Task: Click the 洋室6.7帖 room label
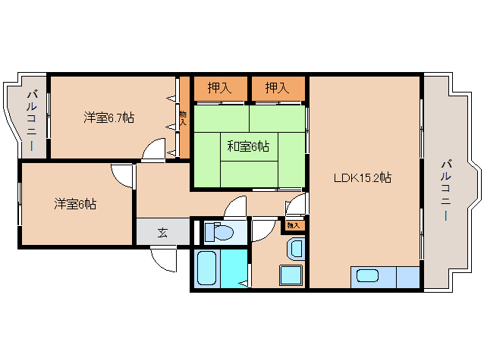point(109,118)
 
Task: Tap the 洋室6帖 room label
point(74,203)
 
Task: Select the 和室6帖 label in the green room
point(247,146)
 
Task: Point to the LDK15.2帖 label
point(363,178)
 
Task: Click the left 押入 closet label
point(219,88)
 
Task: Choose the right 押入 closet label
point(277,88)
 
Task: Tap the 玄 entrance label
point(162,232)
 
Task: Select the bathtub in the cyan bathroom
point(208,268)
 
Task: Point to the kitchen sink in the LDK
point(368,277)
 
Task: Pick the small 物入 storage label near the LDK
point(294,225)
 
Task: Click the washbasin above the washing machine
point(295,247)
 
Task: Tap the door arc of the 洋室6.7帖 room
point(154,149)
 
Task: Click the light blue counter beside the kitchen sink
point(407,278)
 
